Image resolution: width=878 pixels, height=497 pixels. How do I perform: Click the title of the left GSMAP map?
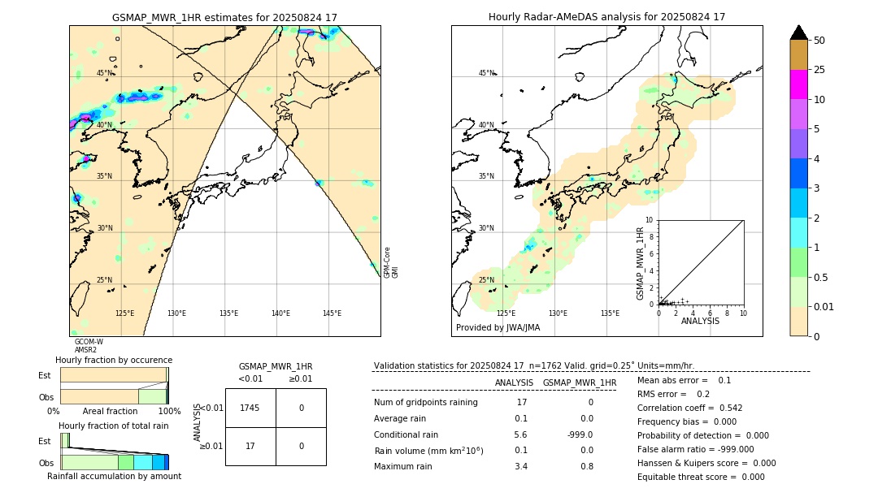click(x=224, y=17)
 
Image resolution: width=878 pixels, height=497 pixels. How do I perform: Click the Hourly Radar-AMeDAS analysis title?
click(x=606, y=17)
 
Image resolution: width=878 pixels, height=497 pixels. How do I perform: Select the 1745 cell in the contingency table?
click(x=250, y=408)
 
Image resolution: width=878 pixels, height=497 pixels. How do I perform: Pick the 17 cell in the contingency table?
click(x=250, y=446)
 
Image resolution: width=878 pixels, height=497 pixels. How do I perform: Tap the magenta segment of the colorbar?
click(x=798, y=84)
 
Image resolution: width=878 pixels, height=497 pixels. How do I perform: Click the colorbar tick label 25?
click(x=819, y=70)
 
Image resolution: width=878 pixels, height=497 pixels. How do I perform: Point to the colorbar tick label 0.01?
click(x=824, y=306)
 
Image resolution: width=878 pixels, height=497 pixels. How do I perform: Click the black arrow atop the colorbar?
click(x=798, y=32)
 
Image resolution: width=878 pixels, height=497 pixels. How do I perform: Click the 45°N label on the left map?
click(x=105, y=73)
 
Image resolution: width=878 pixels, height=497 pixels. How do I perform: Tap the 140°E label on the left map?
click(x=280, y=313)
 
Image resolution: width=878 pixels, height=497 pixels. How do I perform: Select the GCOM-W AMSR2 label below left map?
click(x=88, y=346)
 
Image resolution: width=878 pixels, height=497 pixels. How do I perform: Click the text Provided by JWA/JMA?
click(x=498, y=327)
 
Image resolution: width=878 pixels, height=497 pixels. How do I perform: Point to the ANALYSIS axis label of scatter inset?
click(x=700, y=321)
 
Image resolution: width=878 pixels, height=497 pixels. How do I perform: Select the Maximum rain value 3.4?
click(x=521, y=466)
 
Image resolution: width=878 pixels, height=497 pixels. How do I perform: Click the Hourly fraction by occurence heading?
click(x=114, y=360)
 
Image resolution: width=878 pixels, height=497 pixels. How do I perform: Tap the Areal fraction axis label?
click(x=110, y=412)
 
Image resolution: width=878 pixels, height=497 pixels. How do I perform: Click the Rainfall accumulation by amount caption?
click(x=114, y=476)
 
